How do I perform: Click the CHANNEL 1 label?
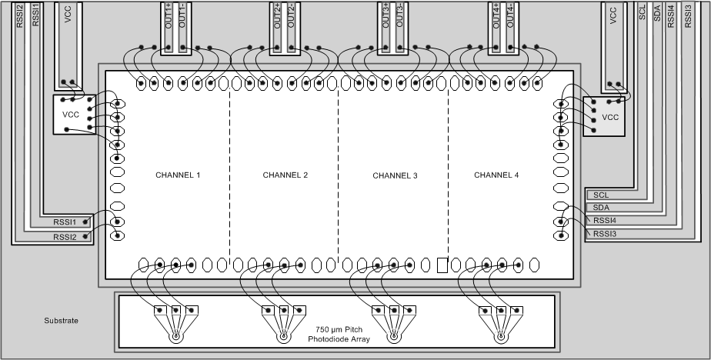tap(178, 175)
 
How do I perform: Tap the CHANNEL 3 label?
tap(395, 176)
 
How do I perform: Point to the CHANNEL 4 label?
tap(496, 175)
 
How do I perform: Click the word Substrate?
tap(62, 320)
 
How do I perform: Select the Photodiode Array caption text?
tap(338, 334)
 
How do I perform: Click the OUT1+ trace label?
tap(169, 15)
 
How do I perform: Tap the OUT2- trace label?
tap(291, 15)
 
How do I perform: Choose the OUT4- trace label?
tap(509, 15)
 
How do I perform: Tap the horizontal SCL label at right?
tap(601, 195)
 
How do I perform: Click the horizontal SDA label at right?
tap(601, 208)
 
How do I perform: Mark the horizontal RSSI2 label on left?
tap(65, 237)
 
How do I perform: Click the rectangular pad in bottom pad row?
tap(442, 265)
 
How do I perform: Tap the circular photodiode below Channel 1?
tap(175, 336)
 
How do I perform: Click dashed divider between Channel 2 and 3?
tap(338, 177)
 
